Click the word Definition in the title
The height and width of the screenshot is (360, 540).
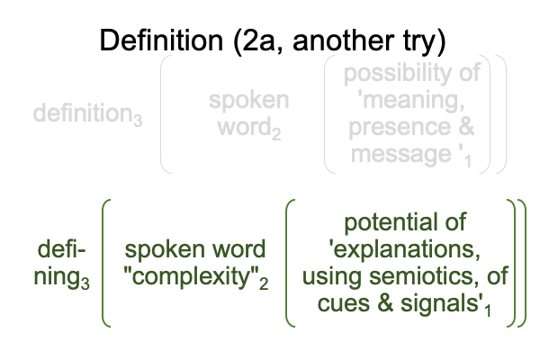click(161, 40)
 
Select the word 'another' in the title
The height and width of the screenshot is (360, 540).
click(344, 40)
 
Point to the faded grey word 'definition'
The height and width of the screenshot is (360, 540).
click(83, 112)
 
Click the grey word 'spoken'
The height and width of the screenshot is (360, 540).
click(249, 100)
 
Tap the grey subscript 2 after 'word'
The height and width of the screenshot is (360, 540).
click(276, 134)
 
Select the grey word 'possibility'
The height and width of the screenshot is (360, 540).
click(395, 74)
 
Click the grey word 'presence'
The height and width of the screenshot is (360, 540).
click(400, 128)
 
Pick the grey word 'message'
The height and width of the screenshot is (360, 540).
click(401, 154)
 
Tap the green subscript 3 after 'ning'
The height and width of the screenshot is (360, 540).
click(85, 283)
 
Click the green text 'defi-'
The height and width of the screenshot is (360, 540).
click(61, 249)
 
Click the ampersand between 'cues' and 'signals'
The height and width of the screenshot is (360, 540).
click(385, 303)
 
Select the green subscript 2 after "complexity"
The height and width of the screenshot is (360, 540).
click(264, 283)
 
